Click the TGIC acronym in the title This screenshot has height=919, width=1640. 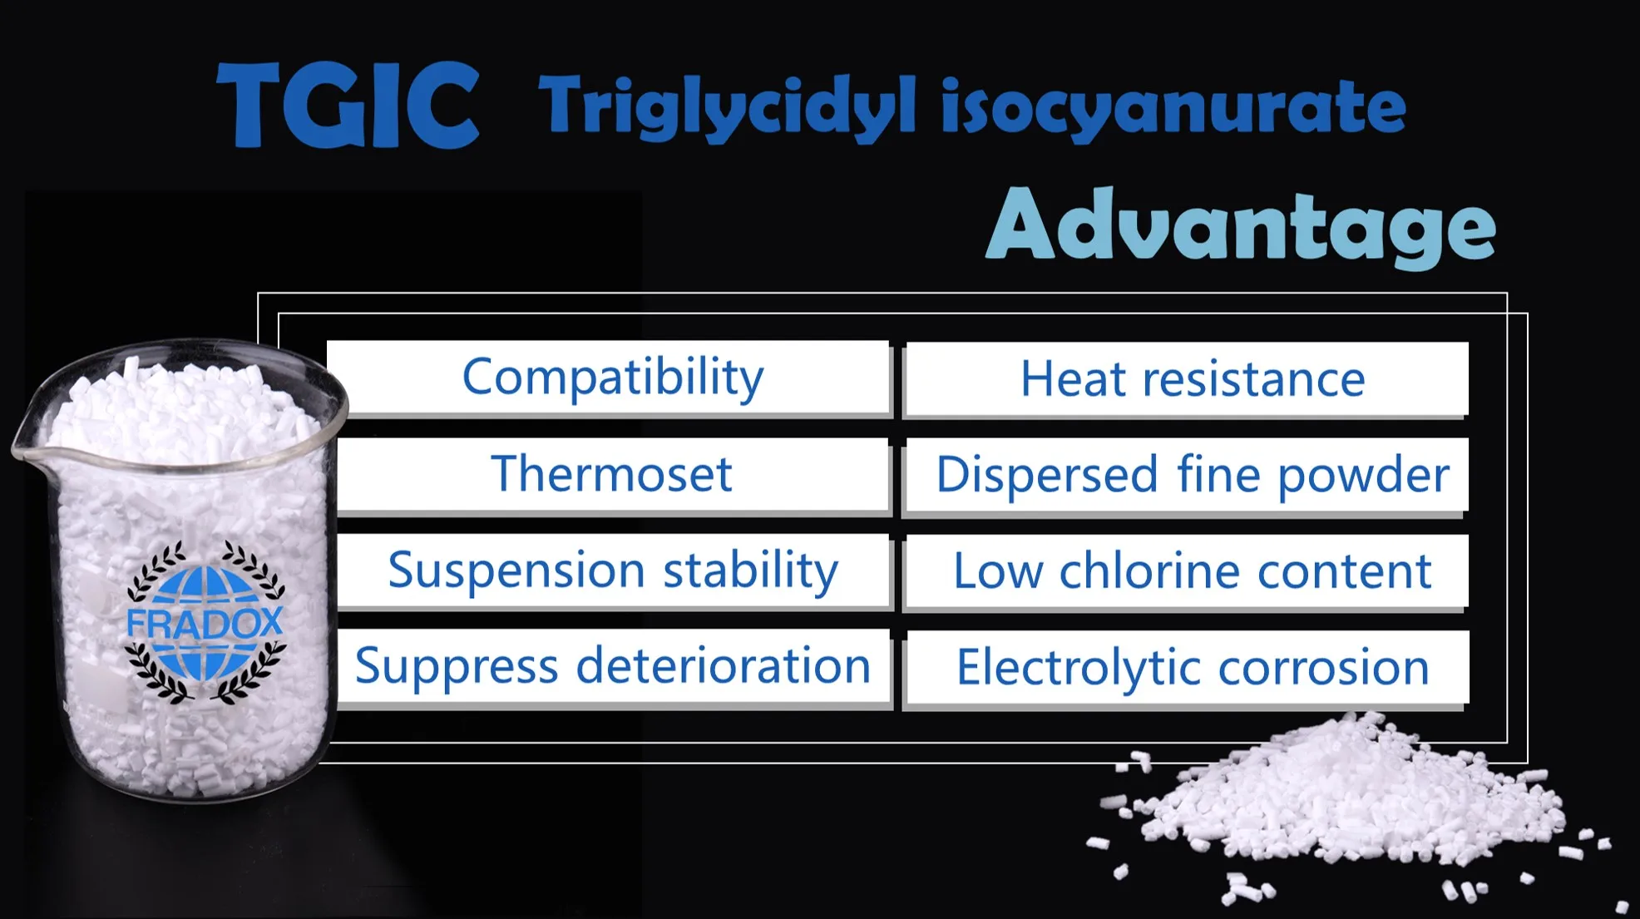(x=348, y=106)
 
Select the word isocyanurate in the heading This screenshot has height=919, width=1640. (x=1173, y=107)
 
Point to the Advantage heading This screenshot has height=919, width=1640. (x=1240, y=225)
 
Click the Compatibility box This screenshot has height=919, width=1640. (x=612, y=378)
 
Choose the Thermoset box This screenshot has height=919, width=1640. (x=612, y=474)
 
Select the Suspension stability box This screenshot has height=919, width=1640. (x=612, y=571)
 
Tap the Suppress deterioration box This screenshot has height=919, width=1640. (x=612, y=667)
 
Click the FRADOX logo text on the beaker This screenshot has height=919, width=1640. (x=205, y=623)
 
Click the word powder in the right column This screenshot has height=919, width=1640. (x=1363, y=476)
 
